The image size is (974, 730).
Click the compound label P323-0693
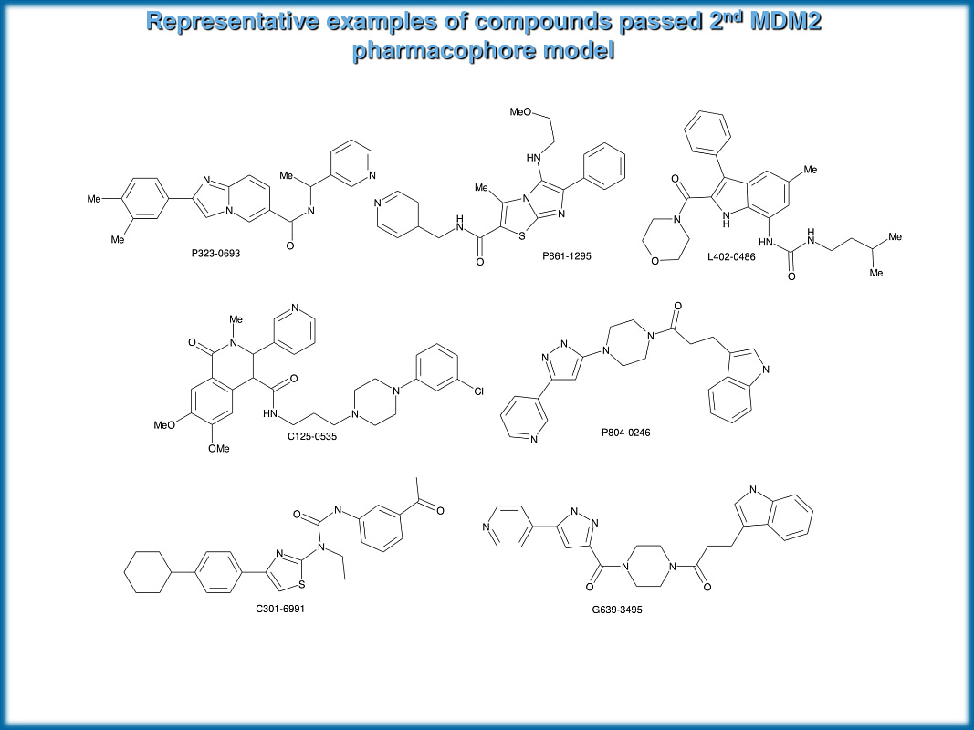click(x=216, y=253)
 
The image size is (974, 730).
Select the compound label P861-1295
click(x=566, y=256)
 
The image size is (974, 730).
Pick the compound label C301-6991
click(x=280, y=608)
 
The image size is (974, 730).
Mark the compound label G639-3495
click(x=617, y=609)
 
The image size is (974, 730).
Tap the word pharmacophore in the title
click(x=442, y=50)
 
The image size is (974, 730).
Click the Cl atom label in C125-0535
click(x=478, y=393)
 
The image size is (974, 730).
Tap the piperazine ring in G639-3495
click(x=649, y=566)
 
